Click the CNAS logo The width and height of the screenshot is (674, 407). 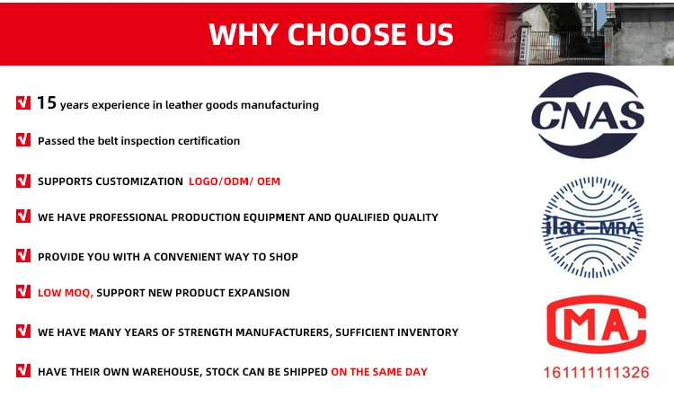588,115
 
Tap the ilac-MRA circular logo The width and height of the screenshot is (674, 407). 592,227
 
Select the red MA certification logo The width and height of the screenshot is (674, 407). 596,324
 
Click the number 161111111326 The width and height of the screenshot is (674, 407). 596,372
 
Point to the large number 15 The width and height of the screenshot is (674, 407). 47,102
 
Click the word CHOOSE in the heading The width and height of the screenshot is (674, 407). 347,34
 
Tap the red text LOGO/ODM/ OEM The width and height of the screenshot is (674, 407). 235,181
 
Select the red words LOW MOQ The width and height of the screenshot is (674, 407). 65,293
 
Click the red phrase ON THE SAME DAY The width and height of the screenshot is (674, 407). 379,372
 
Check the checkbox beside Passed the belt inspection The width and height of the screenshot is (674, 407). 23,139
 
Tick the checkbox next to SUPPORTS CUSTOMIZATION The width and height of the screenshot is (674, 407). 23,181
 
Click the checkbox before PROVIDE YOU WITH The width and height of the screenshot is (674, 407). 23,255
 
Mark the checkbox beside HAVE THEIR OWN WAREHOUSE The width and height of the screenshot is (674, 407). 23,370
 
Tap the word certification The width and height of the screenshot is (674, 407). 208,141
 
